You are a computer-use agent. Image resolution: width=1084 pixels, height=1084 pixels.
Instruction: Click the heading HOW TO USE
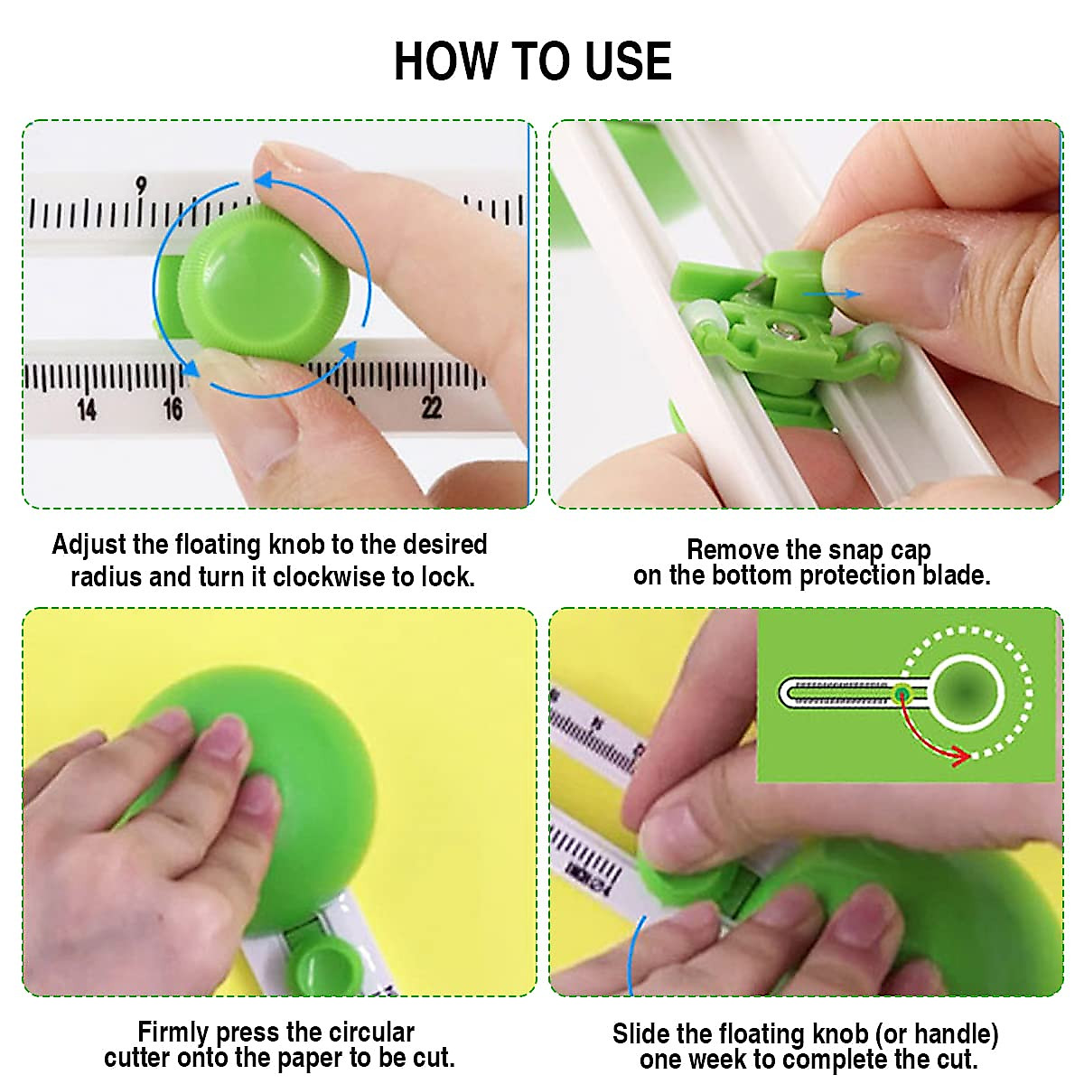(x=533, y=62)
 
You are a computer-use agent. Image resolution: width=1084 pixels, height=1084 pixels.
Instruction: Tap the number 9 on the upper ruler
(x=141, y=187)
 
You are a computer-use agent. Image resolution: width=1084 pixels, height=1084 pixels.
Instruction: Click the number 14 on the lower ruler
(x=86, y=409)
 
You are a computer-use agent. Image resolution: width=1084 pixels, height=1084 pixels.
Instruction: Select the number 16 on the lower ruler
(x=173, y=409)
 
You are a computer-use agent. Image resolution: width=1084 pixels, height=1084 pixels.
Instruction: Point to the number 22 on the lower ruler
(x=432, y=406)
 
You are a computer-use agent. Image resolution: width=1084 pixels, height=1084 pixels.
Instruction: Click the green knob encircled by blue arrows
(x=262, y=282)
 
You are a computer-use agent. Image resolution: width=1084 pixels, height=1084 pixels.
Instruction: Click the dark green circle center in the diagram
(x=965, y=694)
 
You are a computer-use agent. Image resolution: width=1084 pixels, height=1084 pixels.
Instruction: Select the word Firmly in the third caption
(x=173, y=1032)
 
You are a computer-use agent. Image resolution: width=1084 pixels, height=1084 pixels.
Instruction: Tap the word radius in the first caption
(x=106, y=577)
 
